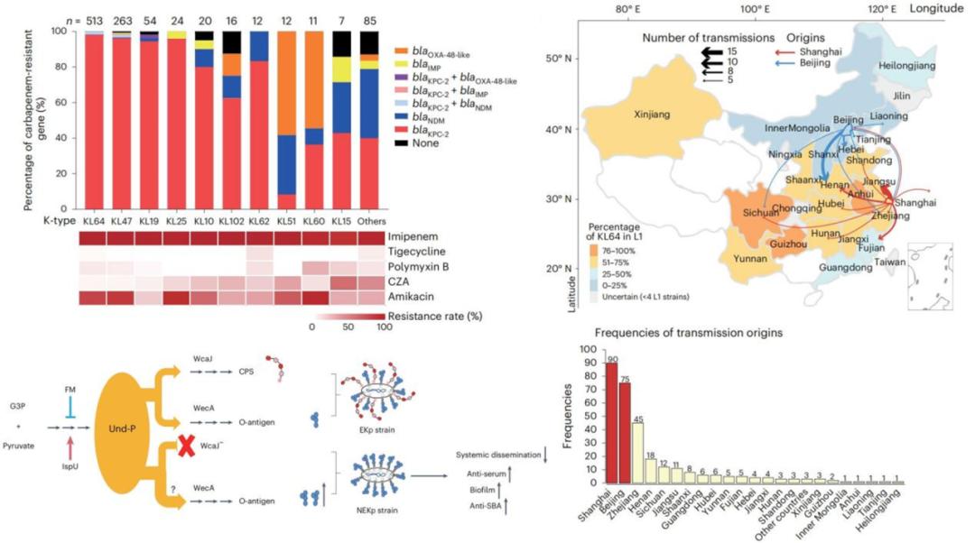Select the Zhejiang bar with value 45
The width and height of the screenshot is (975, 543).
click(637, 454)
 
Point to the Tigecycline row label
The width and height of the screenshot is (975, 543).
click(422, 254)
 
